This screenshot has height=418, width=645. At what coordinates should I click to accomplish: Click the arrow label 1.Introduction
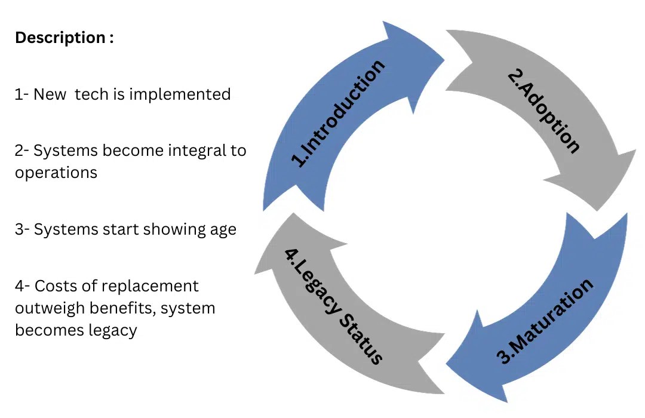pyautogui.click(x=338, y=113)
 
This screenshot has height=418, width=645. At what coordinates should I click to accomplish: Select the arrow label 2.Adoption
pyautogui.click(x=543, y=111)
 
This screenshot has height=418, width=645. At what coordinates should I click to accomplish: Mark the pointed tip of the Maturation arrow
pyautogui.click(x=447, y=362)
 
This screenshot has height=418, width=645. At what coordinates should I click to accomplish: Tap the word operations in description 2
pyautogui.click(x=56, y=173)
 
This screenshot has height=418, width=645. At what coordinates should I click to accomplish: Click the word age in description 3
pyautogui.click(x=222, y=229)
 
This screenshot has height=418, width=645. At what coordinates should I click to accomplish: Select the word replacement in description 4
pyautogui.click(x=150, y=286)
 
